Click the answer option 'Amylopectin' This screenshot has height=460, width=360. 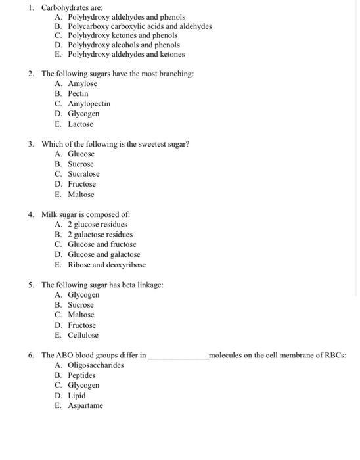89,104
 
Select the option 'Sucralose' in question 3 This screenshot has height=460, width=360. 83,174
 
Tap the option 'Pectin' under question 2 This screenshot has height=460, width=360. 78,94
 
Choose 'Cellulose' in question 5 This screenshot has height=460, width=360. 83,335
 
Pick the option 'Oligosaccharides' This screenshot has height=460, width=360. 95,365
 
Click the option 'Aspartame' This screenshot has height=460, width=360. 85,405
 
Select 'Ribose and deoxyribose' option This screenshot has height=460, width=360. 106,265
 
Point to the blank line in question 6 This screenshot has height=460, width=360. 177,356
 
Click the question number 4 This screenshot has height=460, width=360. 31,214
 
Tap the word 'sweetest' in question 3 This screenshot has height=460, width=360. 137,144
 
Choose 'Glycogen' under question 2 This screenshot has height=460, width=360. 83,114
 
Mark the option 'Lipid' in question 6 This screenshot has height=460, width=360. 77,396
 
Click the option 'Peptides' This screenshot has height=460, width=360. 81,375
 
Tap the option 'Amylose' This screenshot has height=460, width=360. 82,84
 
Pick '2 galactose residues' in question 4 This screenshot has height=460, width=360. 100,235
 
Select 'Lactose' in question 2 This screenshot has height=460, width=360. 80,124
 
